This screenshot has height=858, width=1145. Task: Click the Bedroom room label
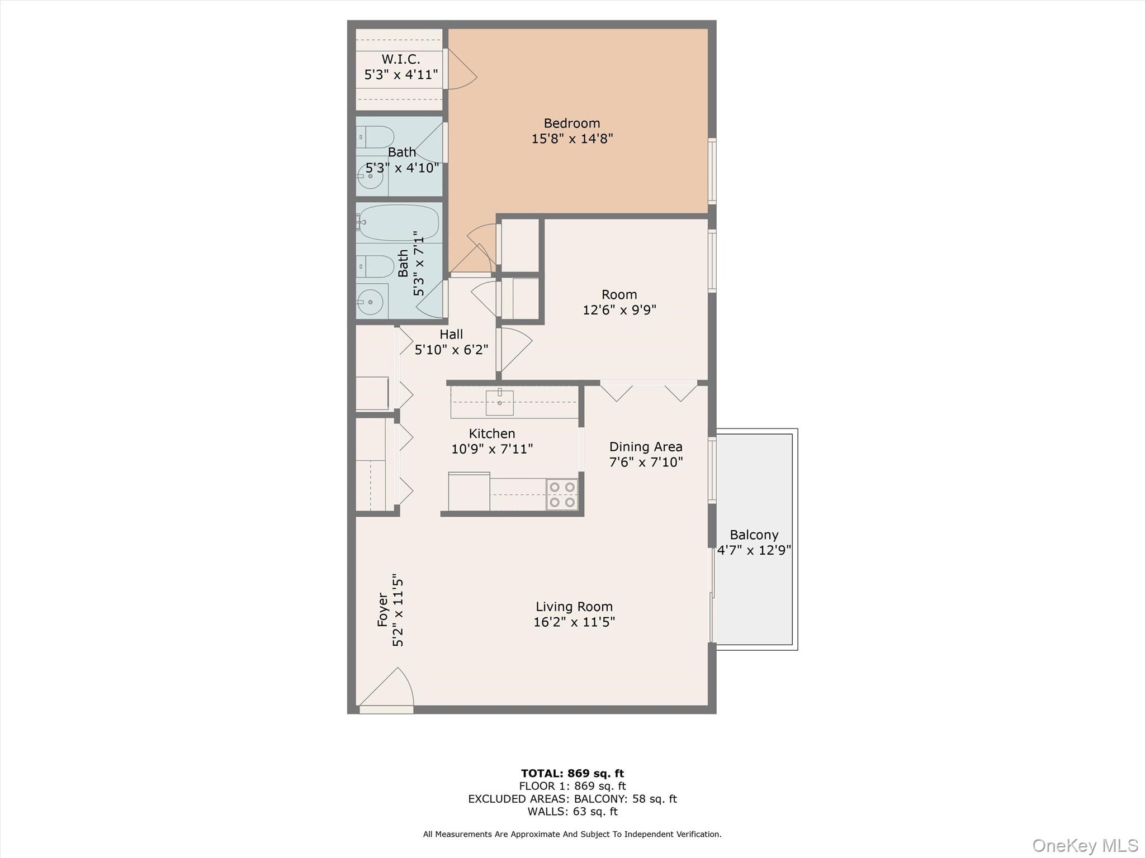[x=571, y=123]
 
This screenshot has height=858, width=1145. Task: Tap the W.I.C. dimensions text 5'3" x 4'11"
[x=401, y=75]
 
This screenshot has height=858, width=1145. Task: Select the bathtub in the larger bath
[x=398, y=222]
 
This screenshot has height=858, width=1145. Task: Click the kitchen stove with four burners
[x=562, y=494]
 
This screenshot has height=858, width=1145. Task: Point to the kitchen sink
[x=499, y=402]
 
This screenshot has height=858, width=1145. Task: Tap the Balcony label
[x=754, y=535]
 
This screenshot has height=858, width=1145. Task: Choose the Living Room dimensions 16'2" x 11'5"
[x=574, y=622]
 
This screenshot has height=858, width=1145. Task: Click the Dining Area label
[x=645, y=447]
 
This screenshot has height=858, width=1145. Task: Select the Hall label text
[x=451, y=334]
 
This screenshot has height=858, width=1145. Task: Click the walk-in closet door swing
[x=461, y=70]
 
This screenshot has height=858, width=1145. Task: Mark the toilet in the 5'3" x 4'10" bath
[x=376, y=137]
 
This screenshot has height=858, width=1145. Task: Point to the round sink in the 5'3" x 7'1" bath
[x=370, y=302]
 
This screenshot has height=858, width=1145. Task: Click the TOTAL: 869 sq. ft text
[x=572, y=773]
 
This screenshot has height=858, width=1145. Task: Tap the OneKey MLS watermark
[x=1085, y=845]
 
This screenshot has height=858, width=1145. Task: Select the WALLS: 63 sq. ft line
[x=572, y=812]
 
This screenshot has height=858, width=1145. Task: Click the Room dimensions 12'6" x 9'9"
[x=619, y=309]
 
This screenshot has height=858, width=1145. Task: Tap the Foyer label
[x=382, y=609]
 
